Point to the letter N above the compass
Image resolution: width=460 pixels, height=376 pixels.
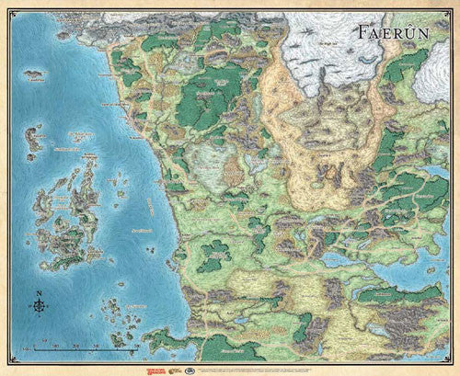(39, 294)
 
